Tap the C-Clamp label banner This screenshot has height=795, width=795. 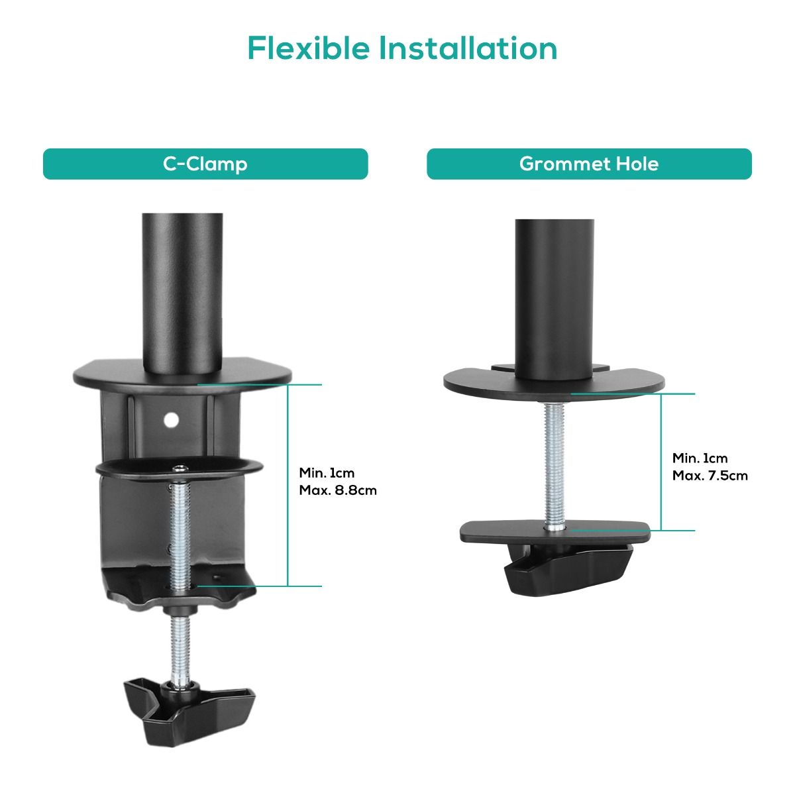205,164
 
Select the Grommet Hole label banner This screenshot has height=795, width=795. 589,164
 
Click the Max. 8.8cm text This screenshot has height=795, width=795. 338,491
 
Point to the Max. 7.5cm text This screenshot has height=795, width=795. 710,476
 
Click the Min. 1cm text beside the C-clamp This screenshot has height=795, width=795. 327,473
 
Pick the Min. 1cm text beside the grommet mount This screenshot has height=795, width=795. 700,458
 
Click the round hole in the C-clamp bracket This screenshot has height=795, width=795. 172,419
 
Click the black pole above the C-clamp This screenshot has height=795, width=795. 182,291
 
